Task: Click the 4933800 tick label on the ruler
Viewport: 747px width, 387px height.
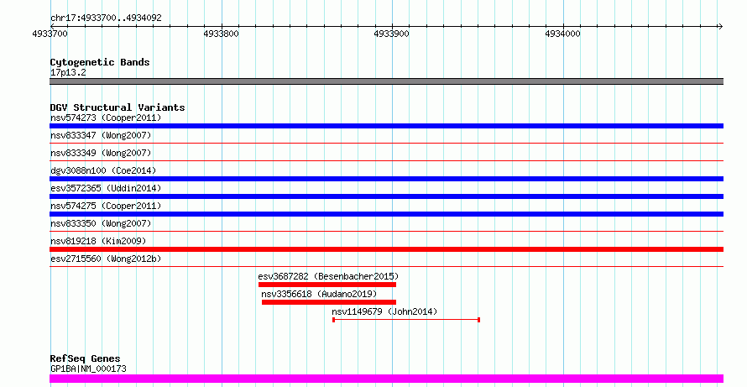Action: (x=221, y=34)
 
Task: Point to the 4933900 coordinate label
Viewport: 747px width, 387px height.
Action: (x=392, y=34)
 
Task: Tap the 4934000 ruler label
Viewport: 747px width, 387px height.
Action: (x=562, y=34)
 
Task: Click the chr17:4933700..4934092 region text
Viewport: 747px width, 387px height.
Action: (x=106, y=18)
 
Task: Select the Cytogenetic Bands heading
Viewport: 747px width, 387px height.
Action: (x=100, y=62)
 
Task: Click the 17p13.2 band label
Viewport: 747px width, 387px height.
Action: (x=68, y=72)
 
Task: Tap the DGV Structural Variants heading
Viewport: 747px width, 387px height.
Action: (x=118, y=107)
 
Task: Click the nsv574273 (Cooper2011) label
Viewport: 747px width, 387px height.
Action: (x=106, y=118)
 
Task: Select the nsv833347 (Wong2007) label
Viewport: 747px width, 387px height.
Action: (x=101, y=135)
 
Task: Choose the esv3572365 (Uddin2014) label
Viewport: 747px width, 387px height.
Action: (x=106, y=188)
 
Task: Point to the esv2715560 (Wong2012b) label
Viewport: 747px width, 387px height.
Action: (x=106, y=259)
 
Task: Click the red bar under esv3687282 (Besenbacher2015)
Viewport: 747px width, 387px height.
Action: (x=326, y=285)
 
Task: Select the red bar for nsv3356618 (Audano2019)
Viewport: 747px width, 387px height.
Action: (x=328, y=302)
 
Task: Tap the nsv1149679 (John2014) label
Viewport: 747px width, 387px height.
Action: (x=384, y=311)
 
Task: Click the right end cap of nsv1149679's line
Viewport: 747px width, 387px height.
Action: (x=478, y=320)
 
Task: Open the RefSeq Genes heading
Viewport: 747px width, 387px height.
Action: (x=85, y=358)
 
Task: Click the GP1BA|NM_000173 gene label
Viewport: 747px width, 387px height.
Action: (x=88, y=369)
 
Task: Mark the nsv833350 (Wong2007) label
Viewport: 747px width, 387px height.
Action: (x=101, y=223)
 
